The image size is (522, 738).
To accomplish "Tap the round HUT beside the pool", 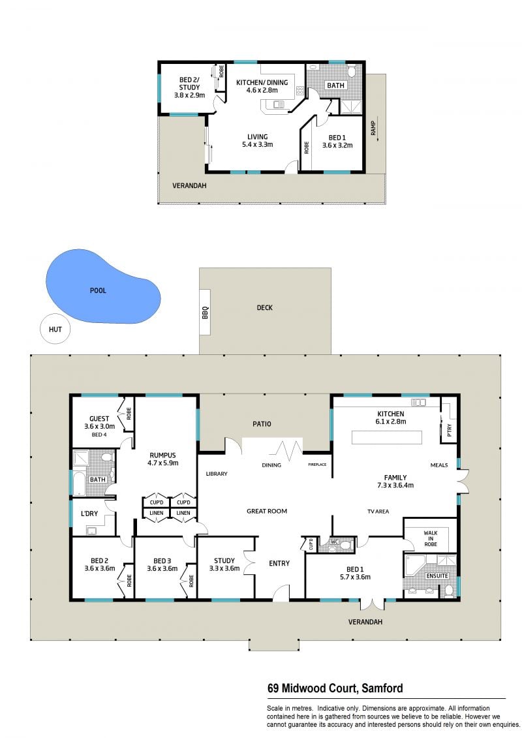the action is pos(55,329).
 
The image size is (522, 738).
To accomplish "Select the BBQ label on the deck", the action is pos(205,313).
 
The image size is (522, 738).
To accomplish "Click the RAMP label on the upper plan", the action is pos(373,128).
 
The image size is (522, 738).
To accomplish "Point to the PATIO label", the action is pos(262,424).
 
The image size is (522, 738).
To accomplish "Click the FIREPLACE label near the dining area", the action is pos(317,465).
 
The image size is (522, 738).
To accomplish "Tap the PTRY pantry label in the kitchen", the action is pos(450,430).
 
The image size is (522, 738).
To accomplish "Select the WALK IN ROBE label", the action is pos(430,538).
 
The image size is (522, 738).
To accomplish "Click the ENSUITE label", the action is pos(437,576).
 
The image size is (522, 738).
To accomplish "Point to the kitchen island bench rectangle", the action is pos(387,437).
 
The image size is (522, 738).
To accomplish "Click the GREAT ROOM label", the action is pos(267,511).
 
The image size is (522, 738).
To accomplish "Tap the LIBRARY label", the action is pos(217,474).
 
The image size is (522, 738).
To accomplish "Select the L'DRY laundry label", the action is pos(89,514).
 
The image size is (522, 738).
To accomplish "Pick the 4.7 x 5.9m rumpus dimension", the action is pos(163,463).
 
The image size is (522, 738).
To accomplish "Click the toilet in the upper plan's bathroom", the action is pos(351,72).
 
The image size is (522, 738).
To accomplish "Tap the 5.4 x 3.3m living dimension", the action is pos(258,145).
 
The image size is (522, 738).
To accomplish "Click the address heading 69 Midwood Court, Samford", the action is pos(335,688).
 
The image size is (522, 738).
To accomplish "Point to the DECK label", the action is pos(264,308).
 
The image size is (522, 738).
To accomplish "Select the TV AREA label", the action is pos(378,512).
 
